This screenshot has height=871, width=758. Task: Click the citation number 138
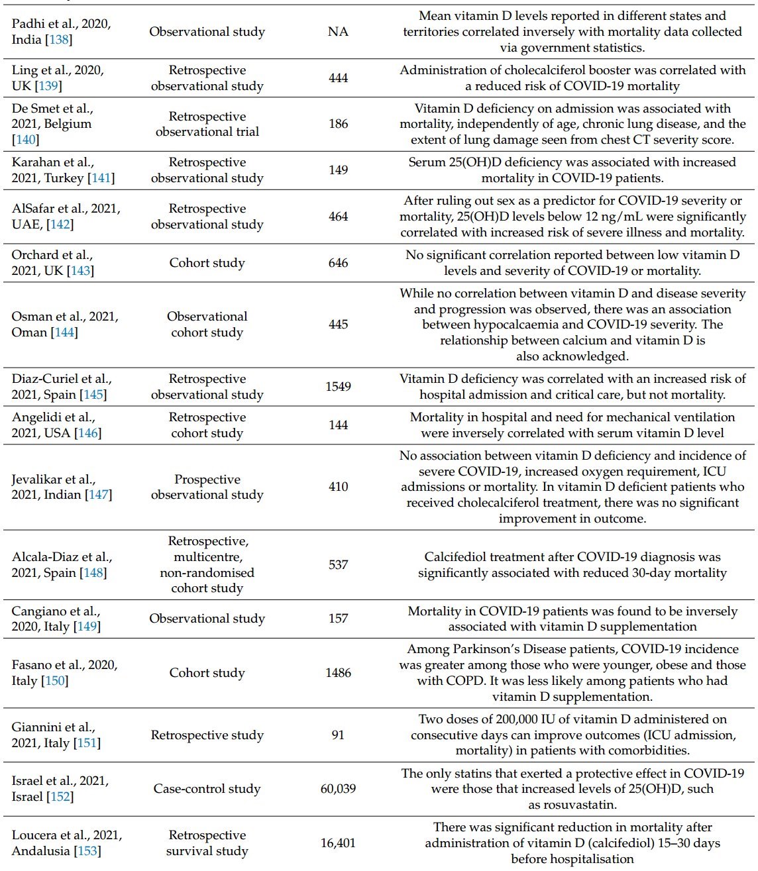point(59,40)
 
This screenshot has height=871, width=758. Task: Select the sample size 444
point(338,78)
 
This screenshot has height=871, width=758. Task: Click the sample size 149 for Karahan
point(338,170)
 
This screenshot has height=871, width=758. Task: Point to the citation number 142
point(60,225)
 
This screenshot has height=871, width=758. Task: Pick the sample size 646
point(338,263)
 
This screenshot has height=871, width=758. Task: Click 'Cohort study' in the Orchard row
point(207,263)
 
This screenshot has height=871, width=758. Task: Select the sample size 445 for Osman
point(338,325)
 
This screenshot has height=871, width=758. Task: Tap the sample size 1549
point(338,387)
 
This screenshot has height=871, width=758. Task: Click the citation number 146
point(88,433)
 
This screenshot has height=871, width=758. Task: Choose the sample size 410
point(338,487)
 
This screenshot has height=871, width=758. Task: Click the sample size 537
point(338,565)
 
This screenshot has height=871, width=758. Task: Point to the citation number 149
point(87,627)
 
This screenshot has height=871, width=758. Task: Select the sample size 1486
point(338,673)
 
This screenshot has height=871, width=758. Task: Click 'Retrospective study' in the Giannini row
point(207,735)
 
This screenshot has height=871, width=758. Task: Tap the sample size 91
point(338,735)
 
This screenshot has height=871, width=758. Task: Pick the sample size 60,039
point(338,789)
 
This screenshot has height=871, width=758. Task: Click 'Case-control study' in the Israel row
point(207,789)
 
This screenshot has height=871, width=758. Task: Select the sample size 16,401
point(338,843)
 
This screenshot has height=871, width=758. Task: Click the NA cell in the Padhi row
point(338,32)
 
